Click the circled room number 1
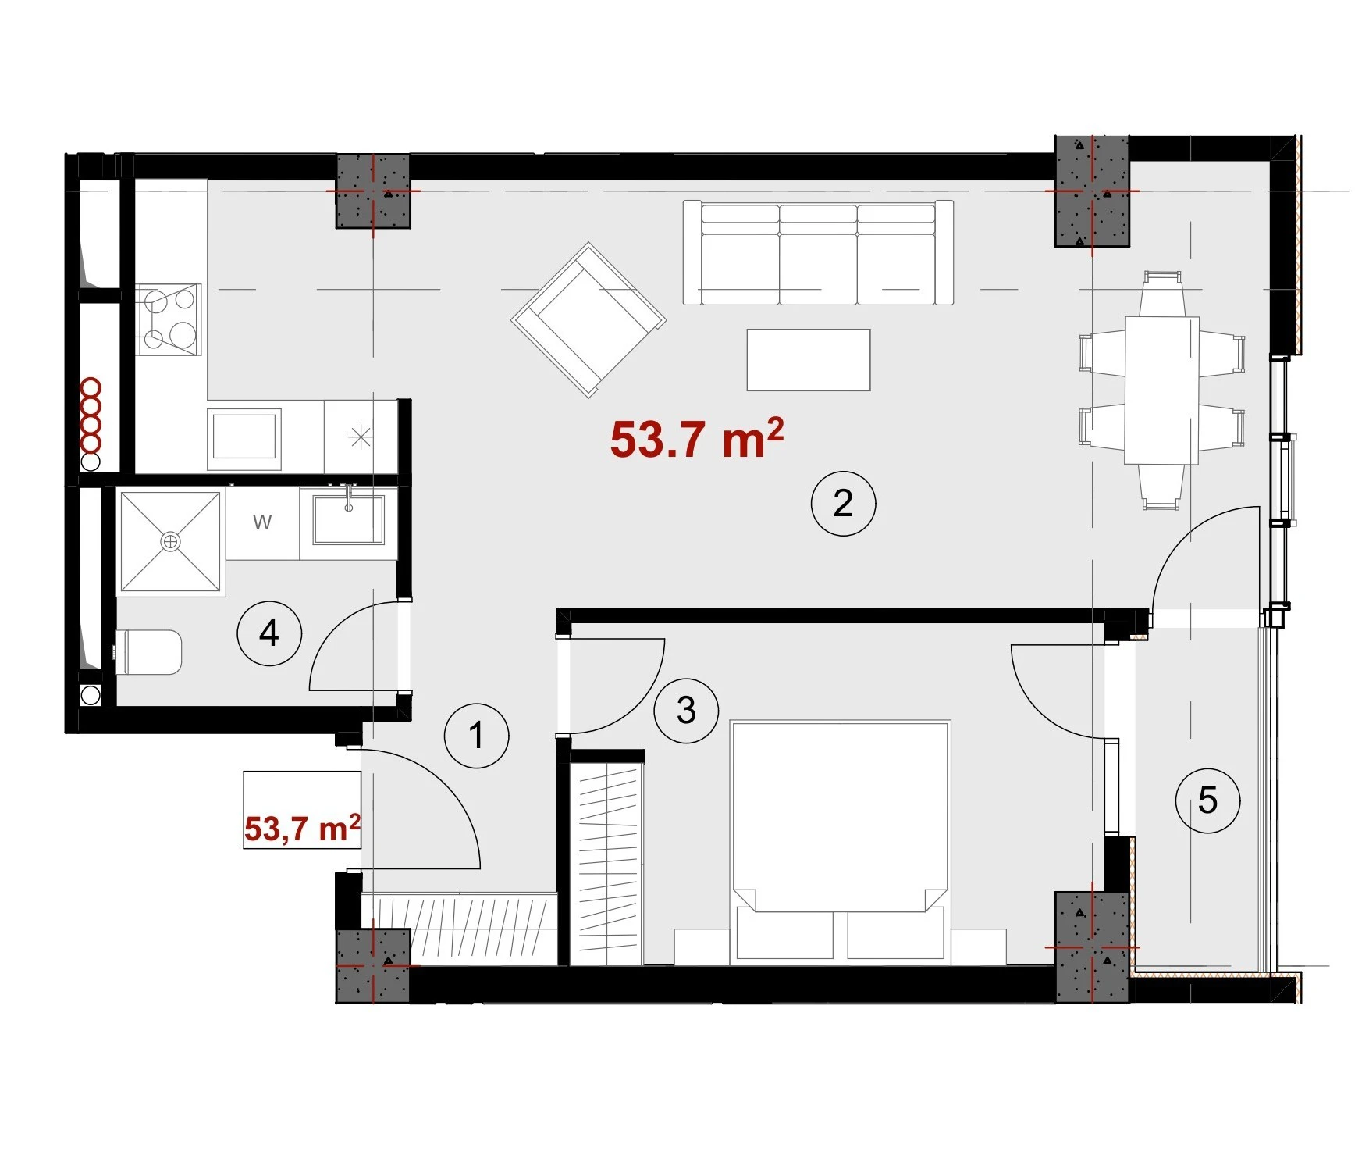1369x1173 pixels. point(477,736)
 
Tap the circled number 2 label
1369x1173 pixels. point(843,503)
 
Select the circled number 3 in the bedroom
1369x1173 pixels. point(686,711)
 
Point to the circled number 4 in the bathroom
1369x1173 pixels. point(269,633)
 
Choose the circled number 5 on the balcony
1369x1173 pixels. point(1207,800)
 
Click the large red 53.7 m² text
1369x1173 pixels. point(696,439)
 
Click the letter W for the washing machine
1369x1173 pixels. point(262,522)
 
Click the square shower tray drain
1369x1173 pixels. point(170,541)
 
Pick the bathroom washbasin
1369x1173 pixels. point(349,519)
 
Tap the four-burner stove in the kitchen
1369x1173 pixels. point(169,319)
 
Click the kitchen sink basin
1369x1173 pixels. point(244,436)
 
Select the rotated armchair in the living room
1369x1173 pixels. point(588,320)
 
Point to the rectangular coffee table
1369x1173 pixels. point(809,359)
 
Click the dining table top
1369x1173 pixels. point(1161,390)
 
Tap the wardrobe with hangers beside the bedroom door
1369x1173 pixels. point(606,863)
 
